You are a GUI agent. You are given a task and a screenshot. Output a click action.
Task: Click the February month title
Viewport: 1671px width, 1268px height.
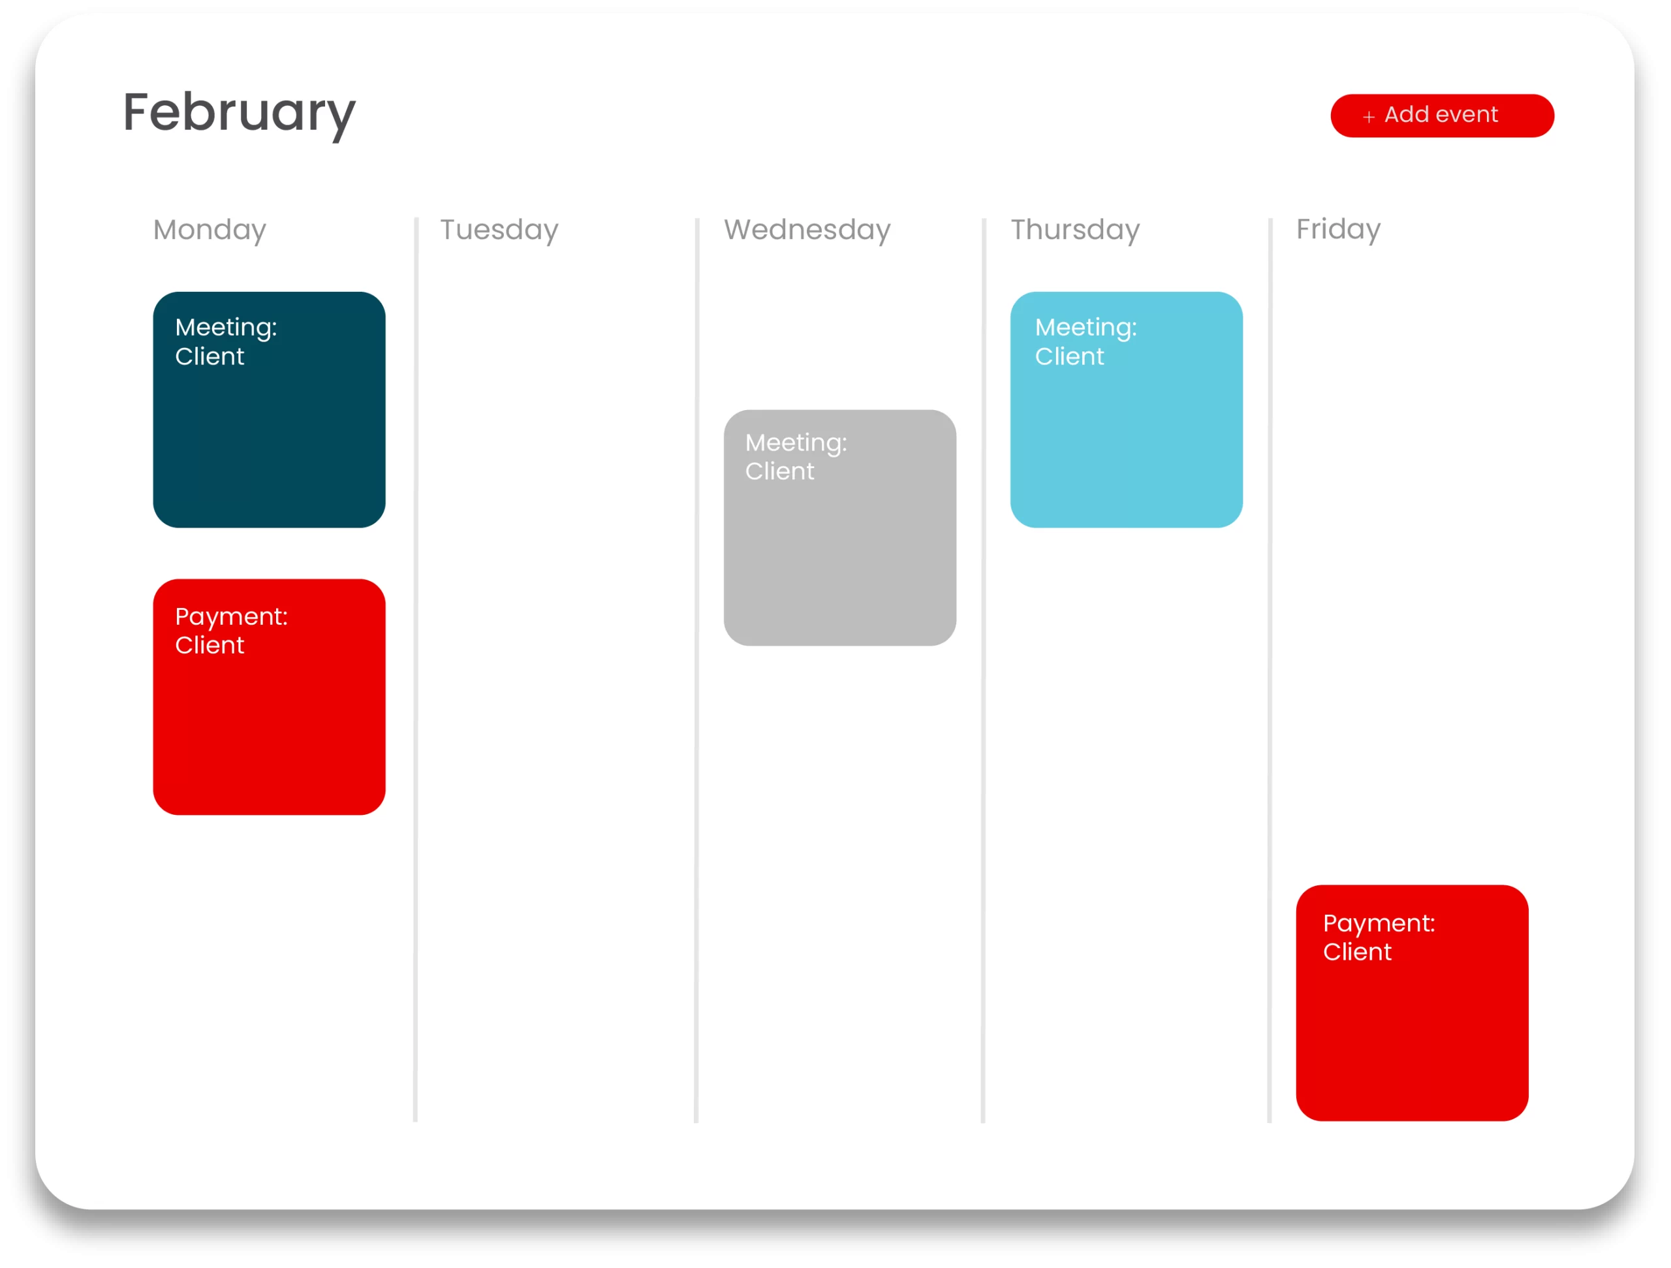pos(239,114)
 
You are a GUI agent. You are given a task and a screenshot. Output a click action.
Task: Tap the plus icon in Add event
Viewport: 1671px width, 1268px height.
pos(1368,117)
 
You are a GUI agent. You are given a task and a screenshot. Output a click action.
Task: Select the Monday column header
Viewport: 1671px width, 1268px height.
pos(210,230)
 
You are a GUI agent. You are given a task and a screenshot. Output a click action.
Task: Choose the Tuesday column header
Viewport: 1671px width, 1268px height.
pos(499,230)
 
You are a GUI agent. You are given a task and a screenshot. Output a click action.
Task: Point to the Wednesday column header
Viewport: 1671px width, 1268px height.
pos(807,230)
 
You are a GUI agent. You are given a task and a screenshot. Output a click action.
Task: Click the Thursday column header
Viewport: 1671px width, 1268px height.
pos(1075,230)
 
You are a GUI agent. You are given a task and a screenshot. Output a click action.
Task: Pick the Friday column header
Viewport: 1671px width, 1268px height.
pos(1338,230)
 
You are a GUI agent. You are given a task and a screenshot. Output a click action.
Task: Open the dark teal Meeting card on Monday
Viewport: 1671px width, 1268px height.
pos(269,409)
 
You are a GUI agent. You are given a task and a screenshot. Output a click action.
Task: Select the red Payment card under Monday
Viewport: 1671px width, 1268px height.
pos(269,697)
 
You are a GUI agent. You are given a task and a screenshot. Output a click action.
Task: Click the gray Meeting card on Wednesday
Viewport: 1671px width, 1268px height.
pos(840,528)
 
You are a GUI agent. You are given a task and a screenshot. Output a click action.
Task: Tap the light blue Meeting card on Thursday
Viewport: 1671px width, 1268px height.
pos(1127,409)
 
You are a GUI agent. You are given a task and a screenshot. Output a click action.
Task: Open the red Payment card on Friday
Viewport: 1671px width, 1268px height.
pos(1412,1003)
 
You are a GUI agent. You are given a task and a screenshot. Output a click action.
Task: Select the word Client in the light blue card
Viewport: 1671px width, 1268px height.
pos(1069,357)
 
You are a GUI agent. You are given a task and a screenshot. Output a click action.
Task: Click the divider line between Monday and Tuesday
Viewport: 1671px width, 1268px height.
pos(416,669)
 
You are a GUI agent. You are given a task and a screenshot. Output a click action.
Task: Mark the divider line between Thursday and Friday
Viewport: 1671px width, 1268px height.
pos(1270,669)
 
